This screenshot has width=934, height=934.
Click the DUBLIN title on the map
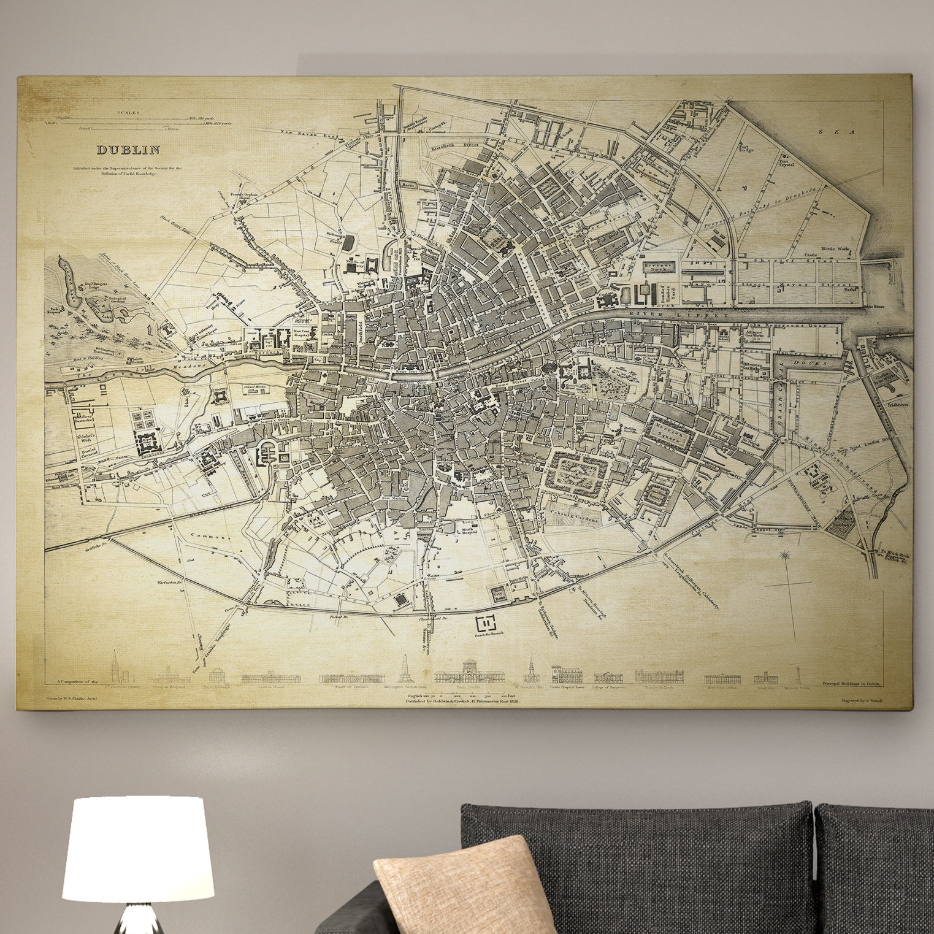(128, 149)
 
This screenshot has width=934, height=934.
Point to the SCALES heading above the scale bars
(129, 113)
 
